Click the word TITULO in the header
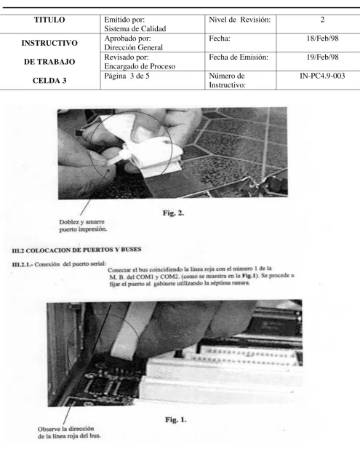click(x=49, y=20)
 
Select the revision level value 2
click(x=322, y=20)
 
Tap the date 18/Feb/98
click(x=322, y=38)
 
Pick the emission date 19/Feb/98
click(x=322, y=57)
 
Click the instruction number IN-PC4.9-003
click(x=322, y=76)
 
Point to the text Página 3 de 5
click(x=127, y=76)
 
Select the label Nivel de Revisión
click(x=240, y=20)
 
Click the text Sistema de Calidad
click(x=135, y=28)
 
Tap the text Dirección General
click(x=133, y=47)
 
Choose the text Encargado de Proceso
click(x=140, y=66)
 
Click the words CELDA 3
click(x=49, y=80)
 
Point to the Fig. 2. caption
click(x=173, y=213)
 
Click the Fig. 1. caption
click(x=176, y=419)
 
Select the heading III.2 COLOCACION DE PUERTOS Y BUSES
click(x=76, y=250)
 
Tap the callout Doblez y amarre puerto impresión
click(x=83, y=226)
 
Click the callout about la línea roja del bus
click(x=69, y=432)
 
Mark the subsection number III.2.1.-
click(x=23, y=264)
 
